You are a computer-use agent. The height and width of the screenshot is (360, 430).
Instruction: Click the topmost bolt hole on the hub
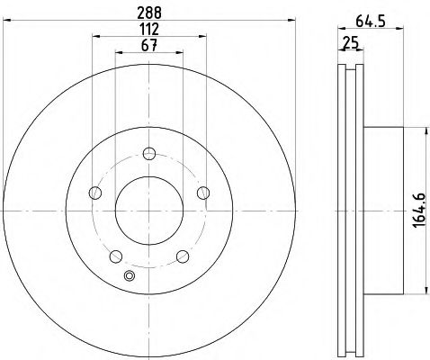click(x=149, y=151)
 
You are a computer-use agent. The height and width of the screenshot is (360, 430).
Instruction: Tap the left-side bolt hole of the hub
click(x=94, y=192)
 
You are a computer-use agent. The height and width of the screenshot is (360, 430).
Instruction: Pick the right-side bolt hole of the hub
click(x=204, y=191)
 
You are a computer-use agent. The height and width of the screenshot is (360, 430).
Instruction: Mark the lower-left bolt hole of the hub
click(x=115, y=256)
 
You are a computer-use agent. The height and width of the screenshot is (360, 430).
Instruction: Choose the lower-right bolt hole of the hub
click(x=183, y=256)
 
